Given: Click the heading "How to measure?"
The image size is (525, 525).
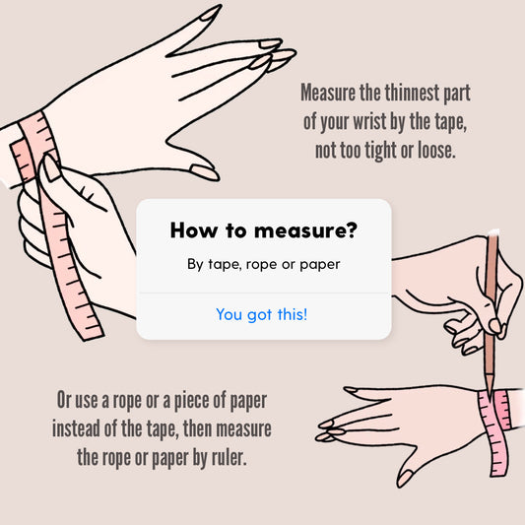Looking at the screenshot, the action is coord(264,230).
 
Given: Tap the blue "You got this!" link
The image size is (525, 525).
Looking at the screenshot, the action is coord(262,315).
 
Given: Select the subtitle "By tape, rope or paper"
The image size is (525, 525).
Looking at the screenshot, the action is coord(264,265).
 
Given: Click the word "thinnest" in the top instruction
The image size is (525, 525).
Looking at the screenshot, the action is coord(412,93).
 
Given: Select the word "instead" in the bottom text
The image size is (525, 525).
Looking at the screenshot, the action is coord(76,428).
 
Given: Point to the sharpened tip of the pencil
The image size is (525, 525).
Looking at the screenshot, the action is coord(490,397).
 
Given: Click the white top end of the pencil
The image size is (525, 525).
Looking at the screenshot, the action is coord(493,232).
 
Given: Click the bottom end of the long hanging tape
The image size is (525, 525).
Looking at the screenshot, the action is coord(91,335).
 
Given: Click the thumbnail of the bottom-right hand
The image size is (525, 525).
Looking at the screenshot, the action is coord(406,478).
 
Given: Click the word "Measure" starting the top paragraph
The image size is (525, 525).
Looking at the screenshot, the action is coord(328,93).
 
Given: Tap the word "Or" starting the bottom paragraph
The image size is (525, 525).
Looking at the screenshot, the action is coord(63,400).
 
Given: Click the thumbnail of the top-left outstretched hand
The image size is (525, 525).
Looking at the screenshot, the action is coord(203,171).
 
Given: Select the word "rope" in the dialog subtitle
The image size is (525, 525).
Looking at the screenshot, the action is coord(261,265).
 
